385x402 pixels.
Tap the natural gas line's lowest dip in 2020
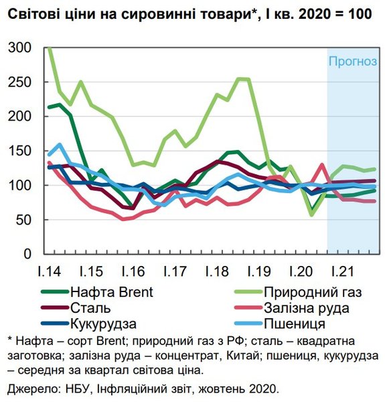(311, 214)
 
